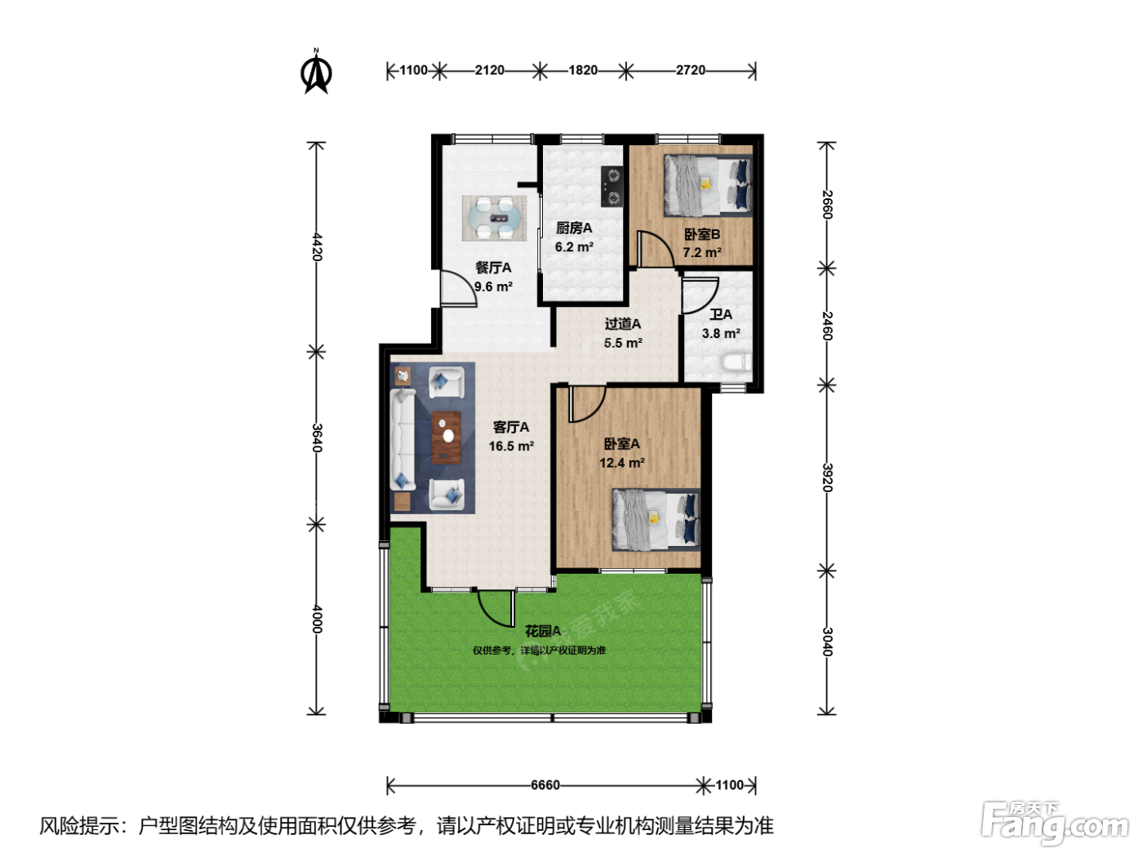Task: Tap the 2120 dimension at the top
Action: [x=489, y=69]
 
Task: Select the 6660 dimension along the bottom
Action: [x=545, y=784]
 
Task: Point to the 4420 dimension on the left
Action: [x=317, y=247]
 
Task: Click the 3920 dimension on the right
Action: [x=827, y=477]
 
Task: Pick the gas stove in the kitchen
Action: [x=612, y=186]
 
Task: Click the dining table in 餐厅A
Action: [x=494, y=218]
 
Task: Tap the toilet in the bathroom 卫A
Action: [x=736, y=362]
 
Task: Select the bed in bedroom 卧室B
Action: [x=708, y=185]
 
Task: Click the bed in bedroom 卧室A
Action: [x=656, y=519]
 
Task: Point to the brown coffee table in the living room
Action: [x=447, y=437]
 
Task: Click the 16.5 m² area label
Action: [x=511, y=446]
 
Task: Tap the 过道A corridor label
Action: [x=622, y=324]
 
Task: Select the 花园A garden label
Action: [x=543, y=631]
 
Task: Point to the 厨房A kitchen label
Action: [x=574, y=228]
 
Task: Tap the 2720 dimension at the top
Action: [x=691, y=69]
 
